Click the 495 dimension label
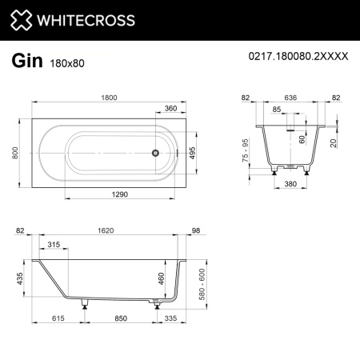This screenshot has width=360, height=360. [192, 154]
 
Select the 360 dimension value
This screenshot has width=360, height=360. [170, 108]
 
